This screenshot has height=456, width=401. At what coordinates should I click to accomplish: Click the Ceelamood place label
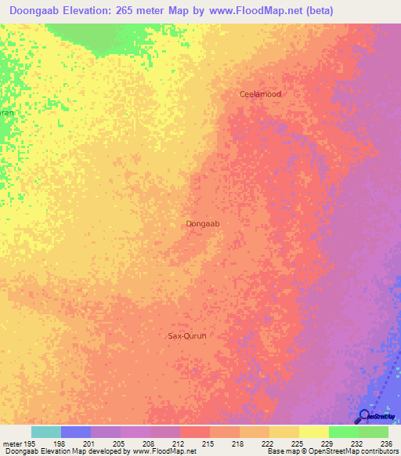(x=260, y=94)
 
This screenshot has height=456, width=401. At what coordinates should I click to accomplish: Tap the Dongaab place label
(x=203, y=224)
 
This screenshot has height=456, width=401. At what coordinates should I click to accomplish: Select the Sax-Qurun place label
(x=187, y=335)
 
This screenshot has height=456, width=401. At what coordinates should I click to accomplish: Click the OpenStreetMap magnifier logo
(x=363, y=416)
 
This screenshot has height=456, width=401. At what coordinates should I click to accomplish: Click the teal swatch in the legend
(x=46, y=432)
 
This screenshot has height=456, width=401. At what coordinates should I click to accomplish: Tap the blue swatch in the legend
(x=76, y=432)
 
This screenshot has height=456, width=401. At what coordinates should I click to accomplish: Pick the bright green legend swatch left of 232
(x=344, y=432)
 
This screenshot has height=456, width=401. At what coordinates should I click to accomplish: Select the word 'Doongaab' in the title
(x=39, y=11)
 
